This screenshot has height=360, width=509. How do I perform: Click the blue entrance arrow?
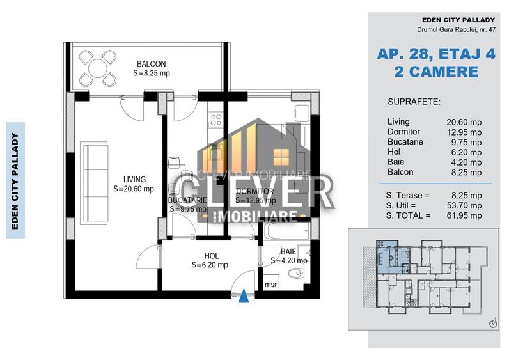[244, 295]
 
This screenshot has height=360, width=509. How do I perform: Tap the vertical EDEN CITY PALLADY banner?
[15, 180]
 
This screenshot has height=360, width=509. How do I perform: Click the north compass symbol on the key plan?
[492, 324]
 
